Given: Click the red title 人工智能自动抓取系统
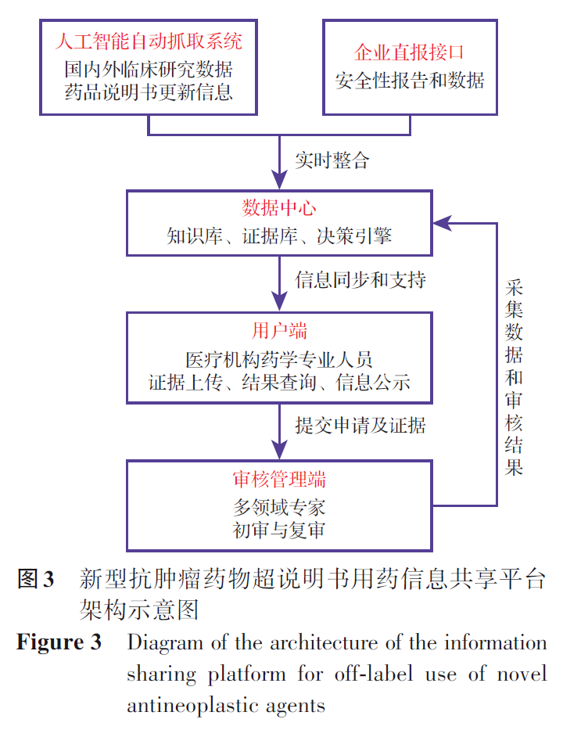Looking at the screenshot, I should (149, 39).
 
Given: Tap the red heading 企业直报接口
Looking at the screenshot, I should (410, 52).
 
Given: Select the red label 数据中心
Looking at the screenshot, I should (279, 208).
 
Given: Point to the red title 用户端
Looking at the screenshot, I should (279, 331).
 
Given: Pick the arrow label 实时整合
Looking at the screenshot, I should (332, 161).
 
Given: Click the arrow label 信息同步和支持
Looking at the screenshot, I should (360, 279).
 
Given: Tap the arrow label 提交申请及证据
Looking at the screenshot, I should (360, 426).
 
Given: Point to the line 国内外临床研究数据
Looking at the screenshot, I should (149, 67).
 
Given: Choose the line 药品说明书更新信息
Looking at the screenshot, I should (149, 92).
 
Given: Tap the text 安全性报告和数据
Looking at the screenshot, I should (410, 81).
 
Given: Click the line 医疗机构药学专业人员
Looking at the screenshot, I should (279, 359).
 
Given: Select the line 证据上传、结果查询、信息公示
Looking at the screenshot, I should (279, 383).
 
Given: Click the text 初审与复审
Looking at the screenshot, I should (279, 530).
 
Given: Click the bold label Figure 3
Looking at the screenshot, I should (59, 644).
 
